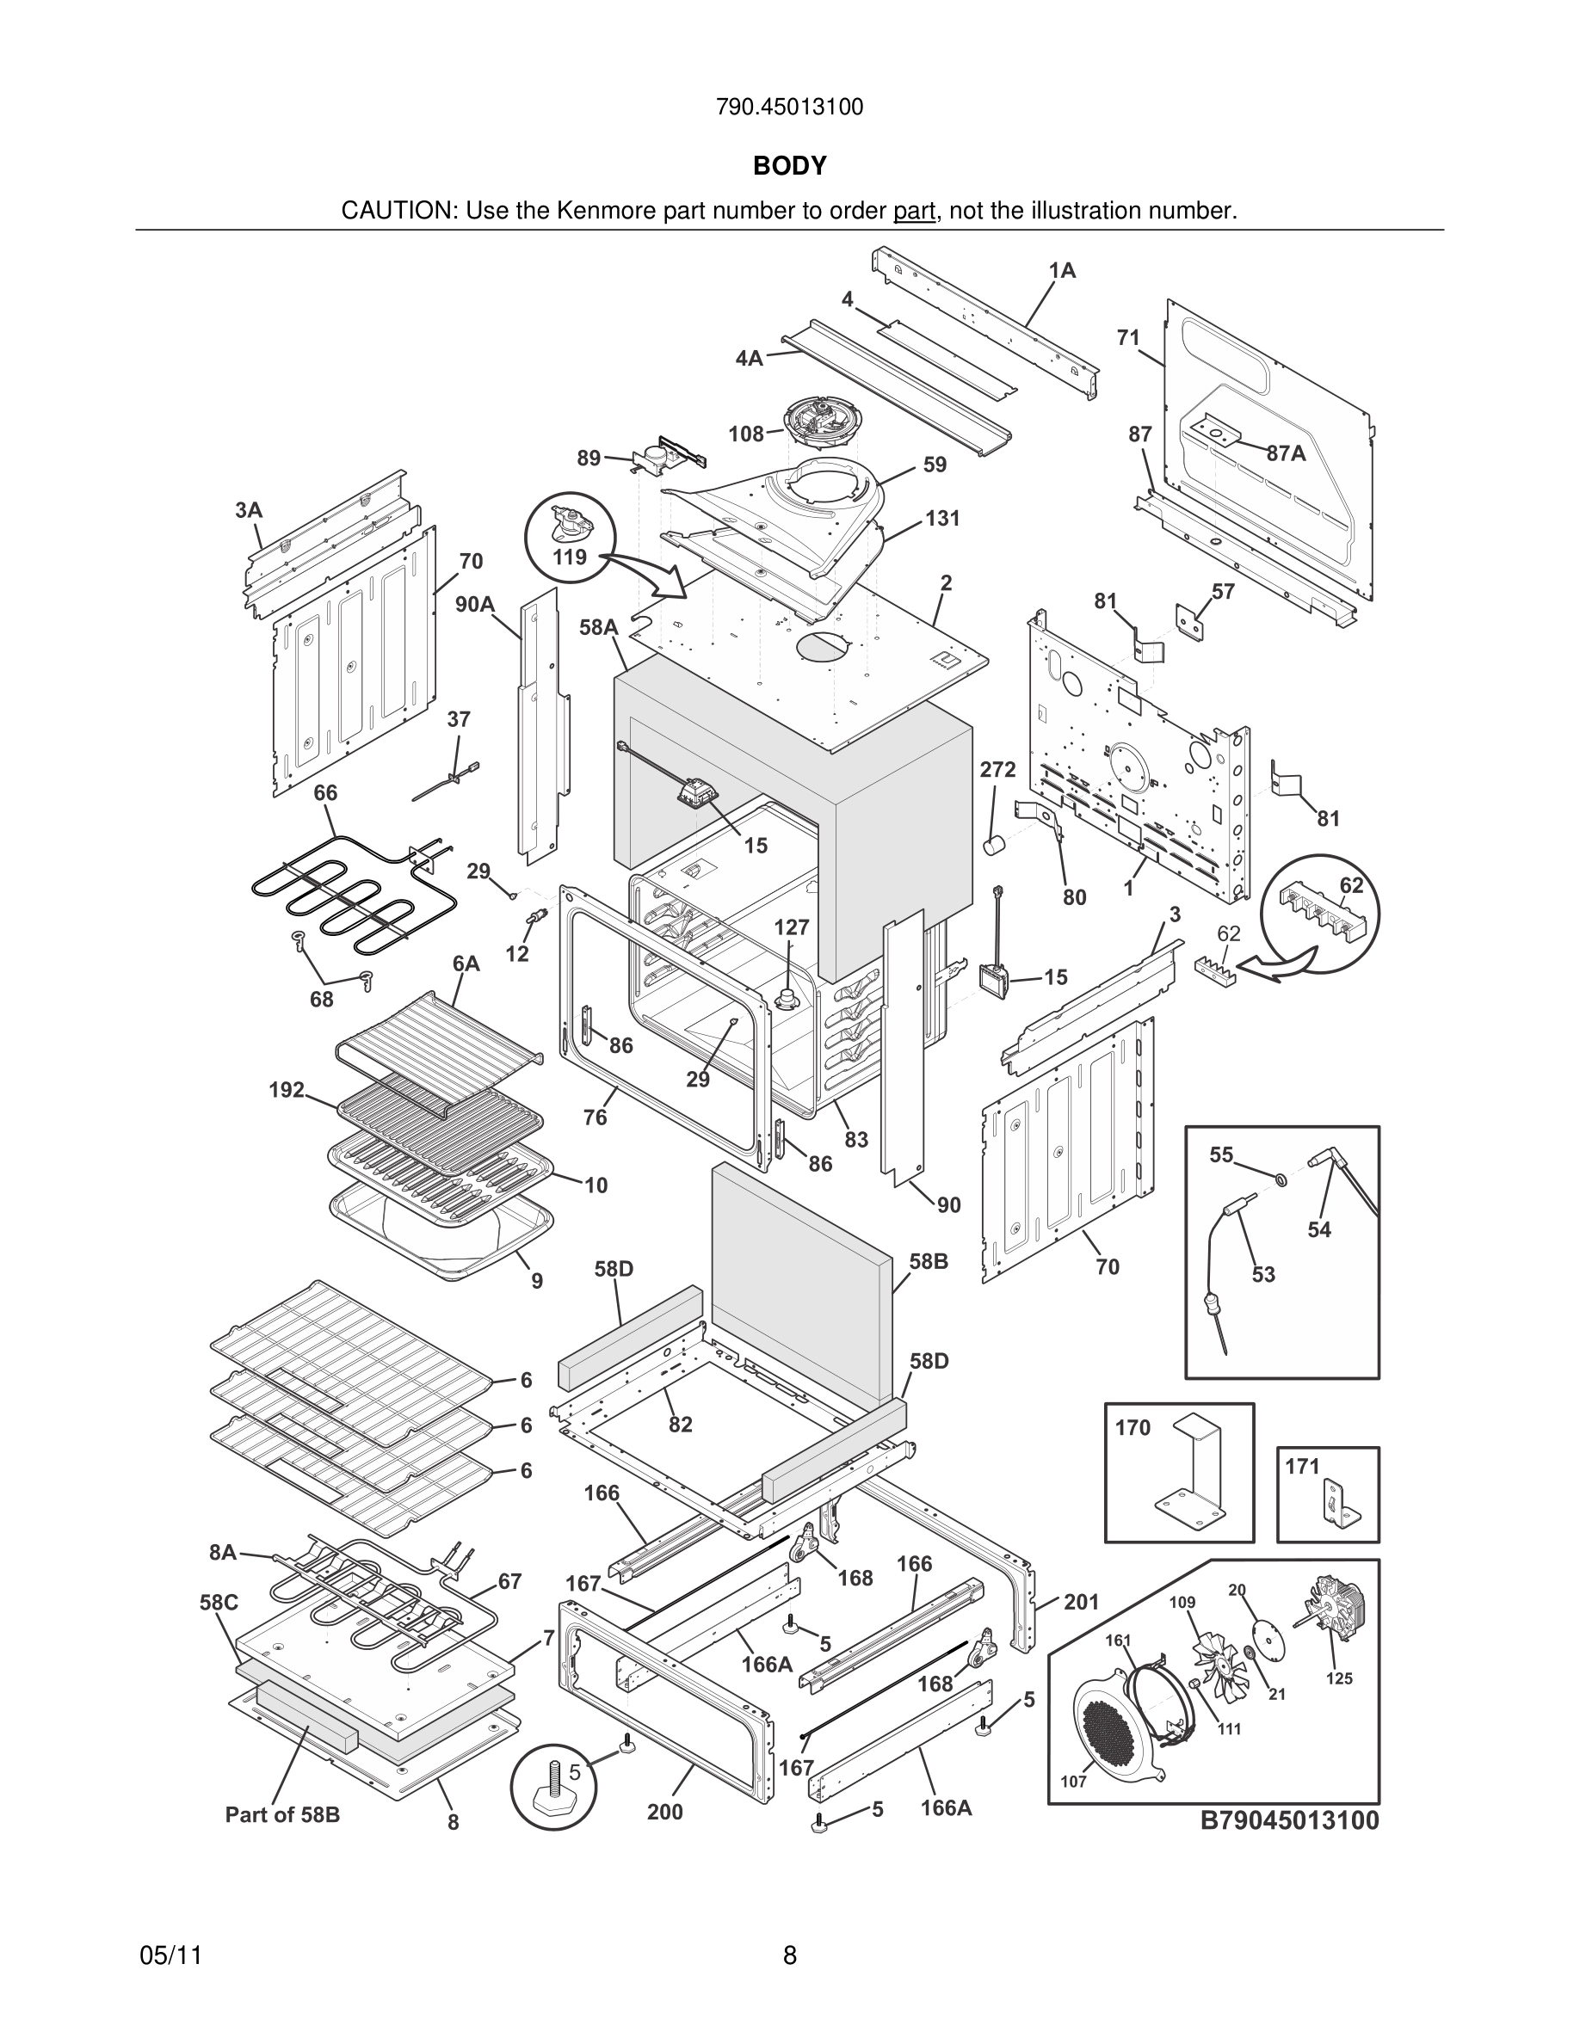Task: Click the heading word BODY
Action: pos(789,166)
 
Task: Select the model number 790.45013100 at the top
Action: pos(789,108)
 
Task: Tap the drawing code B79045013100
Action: pos(1290,1820)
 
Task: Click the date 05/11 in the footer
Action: pos(170,1955)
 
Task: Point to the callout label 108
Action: pos(746,434)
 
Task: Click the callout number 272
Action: pos(997,769)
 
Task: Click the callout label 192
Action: pos(287,1089)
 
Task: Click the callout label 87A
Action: pos(1286,453)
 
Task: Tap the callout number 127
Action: pos(791,927)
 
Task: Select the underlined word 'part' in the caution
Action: pos(915,212)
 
